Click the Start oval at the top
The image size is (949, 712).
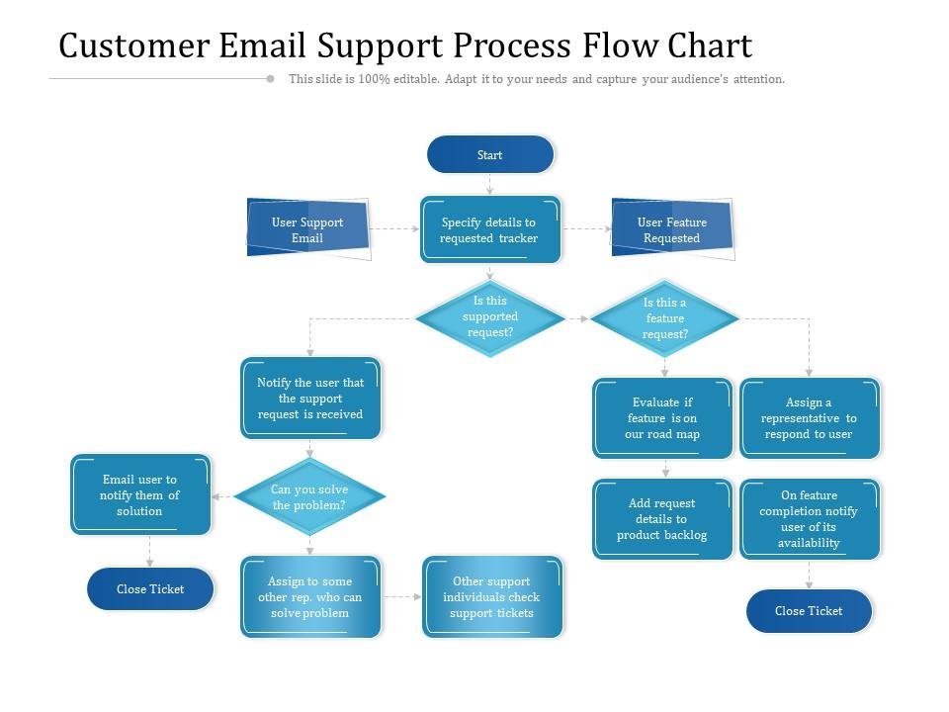point(490,155)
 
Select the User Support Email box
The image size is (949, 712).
point(307,230)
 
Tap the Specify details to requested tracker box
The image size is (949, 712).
point(490,230)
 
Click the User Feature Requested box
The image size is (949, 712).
point(672,230)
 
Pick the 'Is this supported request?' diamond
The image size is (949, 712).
point(490,317)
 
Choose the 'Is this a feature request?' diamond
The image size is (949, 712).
point(664,318)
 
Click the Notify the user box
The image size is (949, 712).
point(310,399)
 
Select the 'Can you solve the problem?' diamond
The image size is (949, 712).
point(309,497)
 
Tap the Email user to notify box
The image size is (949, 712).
point(140,495)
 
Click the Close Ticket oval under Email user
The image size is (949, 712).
point(150,589)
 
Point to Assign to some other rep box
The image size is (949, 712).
point(310,597)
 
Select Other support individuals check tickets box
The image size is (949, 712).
point(491,597)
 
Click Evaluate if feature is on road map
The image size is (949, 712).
point(662,418)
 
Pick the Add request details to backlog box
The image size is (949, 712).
point(662,519)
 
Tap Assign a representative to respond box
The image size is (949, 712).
point(809,418)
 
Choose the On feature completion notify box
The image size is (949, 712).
point(809,519)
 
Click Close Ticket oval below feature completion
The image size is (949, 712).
point(809,611)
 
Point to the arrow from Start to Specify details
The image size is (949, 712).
point(490,184)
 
